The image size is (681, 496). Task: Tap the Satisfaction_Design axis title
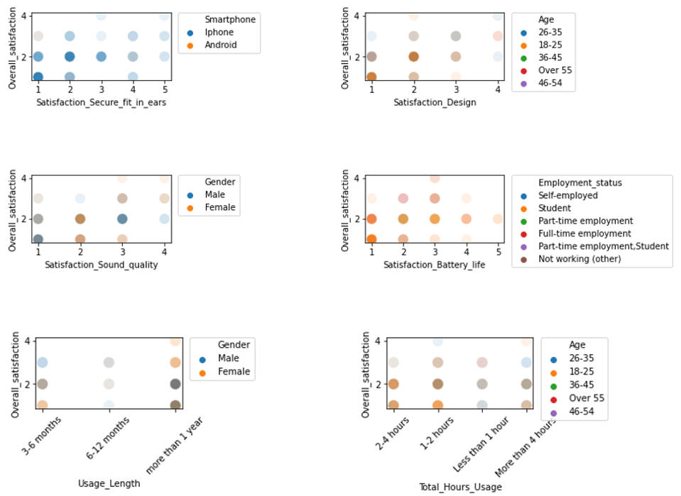click(435, 102)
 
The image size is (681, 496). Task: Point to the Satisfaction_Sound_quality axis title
click(101, 265)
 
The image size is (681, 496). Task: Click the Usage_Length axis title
click(109, 483)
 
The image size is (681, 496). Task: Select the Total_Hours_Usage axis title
click(459, 487)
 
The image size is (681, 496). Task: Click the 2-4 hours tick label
click(384, 432)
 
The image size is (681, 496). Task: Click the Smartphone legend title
click(229, 19)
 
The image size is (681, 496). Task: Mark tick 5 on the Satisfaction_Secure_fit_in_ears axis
click(164, 89)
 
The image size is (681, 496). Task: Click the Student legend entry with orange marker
click(555, 208)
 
